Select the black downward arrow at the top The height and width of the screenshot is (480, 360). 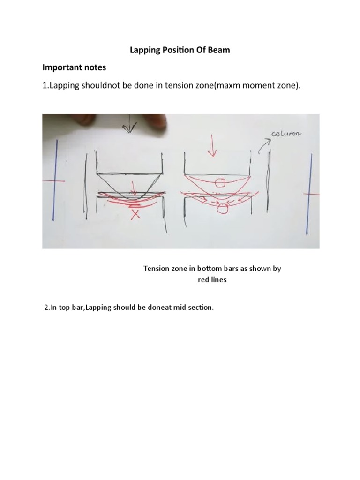pyautogui.click(x=129, y=126)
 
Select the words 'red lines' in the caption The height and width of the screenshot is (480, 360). pyautogui.click(x=210, y=280)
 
